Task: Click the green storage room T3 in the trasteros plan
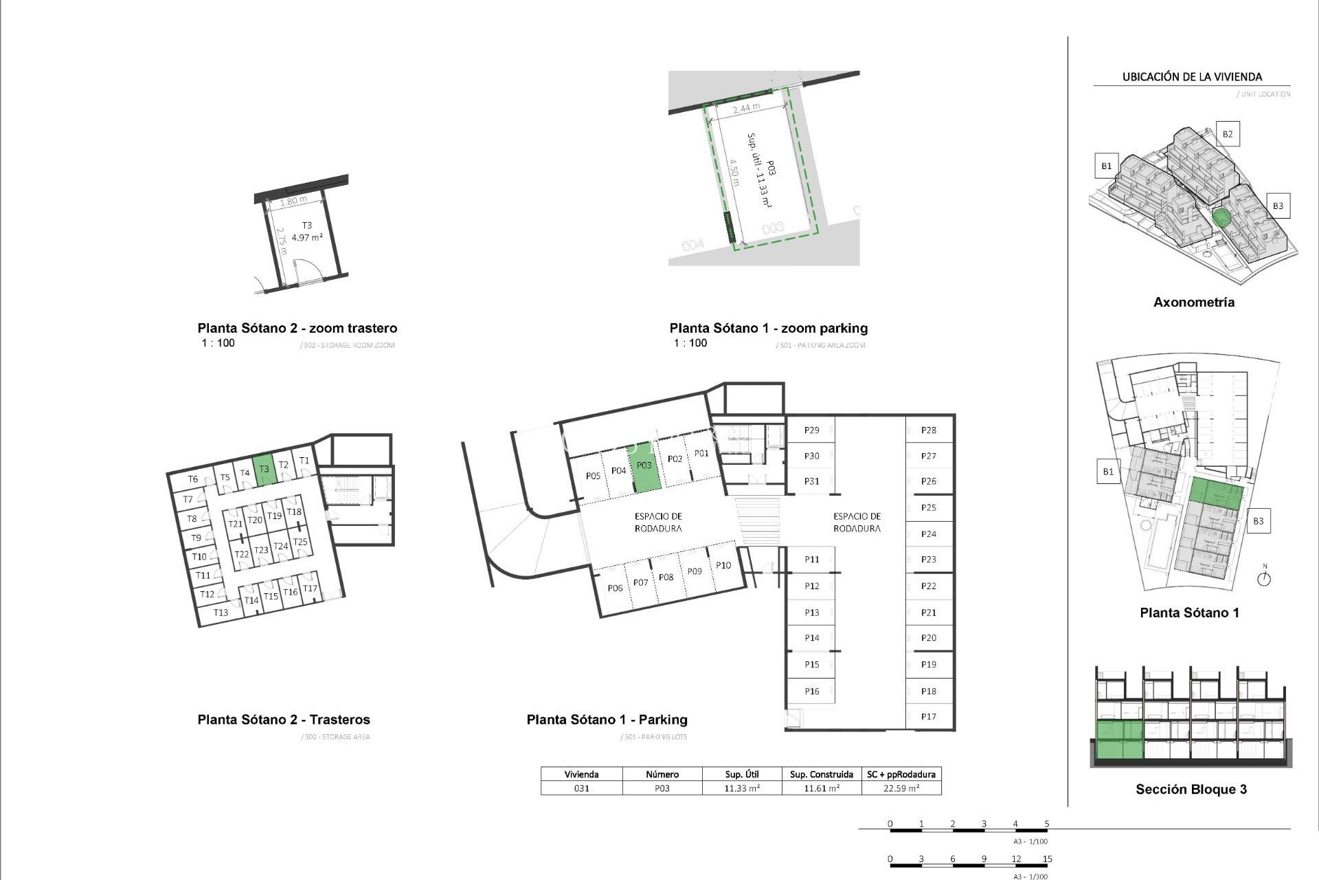(x=264, y=470)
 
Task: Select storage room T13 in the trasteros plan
(x=221, y=613)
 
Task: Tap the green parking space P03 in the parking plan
(x=644, y=467)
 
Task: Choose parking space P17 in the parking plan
(x=929, y=716)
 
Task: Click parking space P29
(x=812, y=430)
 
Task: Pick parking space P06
(x=615, y=588)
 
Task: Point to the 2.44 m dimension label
(x=746, y=109)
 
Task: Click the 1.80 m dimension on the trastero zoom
(x=293, y=201)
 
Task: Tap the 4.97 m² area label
(x=307, y=238)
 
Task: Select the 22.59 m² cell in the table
(x=901, y=789)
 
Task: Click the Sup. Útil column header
(x=742, y=774)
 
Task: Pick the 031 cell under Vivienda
(x=582, y=789)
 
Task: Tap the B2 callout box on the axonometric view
(x=1228, y=134)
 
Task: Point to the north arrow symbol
(x=1264, y=578)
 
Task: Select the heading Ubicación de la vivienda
(x=1192, y=77)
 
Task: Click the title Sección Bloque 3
(x=1191, y=789)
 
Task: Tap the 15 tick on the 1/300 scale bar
(x=1047, y=859)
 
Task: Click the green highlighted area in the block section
(x=1119, y=740)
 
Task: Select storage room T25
(x=300, y=542)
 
